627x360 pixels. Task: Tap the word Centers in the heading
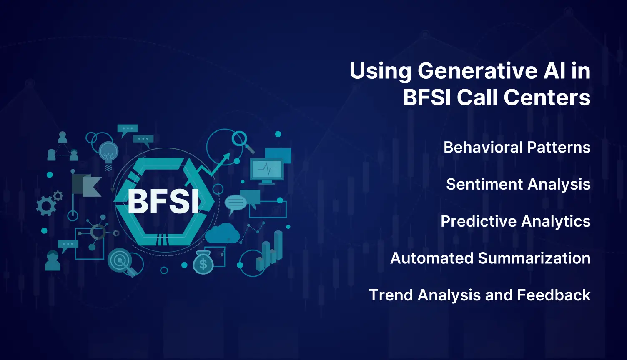(547, 98)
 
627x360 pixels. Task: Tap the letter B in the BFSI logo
(138, 202)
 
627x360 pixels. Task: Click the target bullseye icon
(120, 260)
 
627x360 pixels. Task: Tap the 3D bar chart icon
(269, 250)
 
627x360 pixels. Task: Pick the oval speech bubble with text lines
(236, 203)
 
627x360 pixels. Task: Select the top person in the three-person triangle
(63, 137)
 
